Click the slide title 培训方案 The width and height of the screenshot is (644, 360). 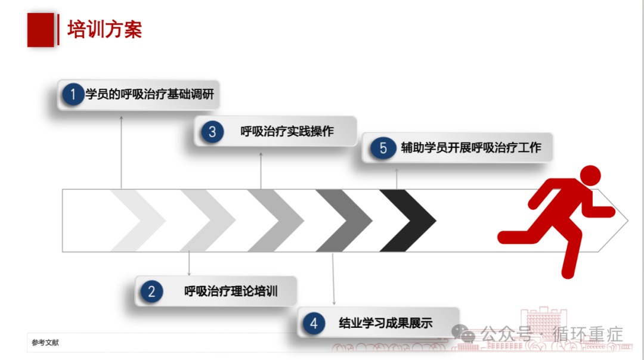click(x=105, y=30)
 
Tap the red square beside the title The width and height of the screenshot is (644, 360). click(x=41, y=30)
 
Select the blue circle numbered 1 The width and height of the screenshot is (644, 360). click(x=73, y=94)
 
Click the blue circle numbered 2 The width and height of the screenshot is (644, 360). click(x=151, y=291)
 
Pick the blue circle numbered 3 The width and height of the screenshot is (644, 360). click(x=212, y=132)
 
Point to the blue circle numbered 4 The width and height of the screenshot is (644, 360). click(x=314, y=323)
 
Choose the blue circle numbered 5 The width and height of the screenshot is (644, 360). click(x=383, y=148)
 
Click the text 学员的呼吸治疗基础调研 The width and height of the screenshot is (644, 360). click(x=150, y=94)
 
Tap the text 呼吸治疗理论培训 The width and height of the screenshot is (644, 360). click(x=231, y=291)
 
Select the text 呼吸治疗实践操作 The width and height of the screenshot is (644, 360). click(x=287, y=131)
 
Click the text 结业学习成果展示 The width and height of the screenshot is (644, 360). click(x=386, y=323)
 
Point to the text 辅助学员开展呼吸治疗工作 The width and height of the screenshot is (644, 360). click(x=471, y=148)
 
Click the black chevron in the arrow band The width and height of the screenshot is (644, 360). click(x=407, y=221)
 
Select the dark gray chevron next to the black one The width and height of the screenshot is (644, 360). click(x=344, y=221)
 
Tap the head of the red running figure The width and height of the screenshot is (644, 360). click(x=590, y=176)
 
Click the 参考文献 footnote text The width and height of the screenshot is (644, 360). click(x=45, y=342)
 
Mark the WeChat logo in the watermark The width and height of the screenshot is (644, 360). click(x=463, y=333)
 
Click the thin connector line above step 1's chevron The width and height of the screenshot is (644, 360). click(x=121, y=153)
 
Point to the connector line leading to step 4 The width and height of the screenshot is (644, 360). click(x=333, y=279)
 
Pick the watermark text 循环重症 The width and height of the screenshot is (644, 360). click(x=588, y=334)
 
